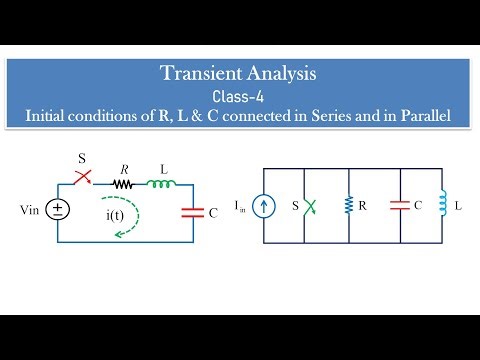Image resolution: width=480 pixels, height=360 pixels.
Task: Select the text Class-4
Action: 239,96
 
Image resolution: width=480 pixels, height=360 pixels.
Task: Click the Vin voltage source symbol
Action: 58,209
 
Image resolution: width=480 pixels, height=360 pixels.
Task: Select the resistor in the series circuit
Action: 123,184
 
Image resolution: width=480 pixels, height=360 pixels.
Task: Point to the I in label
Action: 240,208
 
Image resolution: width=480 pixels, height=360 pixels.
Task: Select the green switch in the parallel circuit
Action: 309,208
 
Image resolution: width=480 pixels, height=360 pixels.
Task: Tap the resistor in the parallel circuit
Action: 348,207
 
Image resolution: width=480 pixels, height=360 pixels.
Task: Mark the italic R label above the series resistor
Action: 124,167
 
